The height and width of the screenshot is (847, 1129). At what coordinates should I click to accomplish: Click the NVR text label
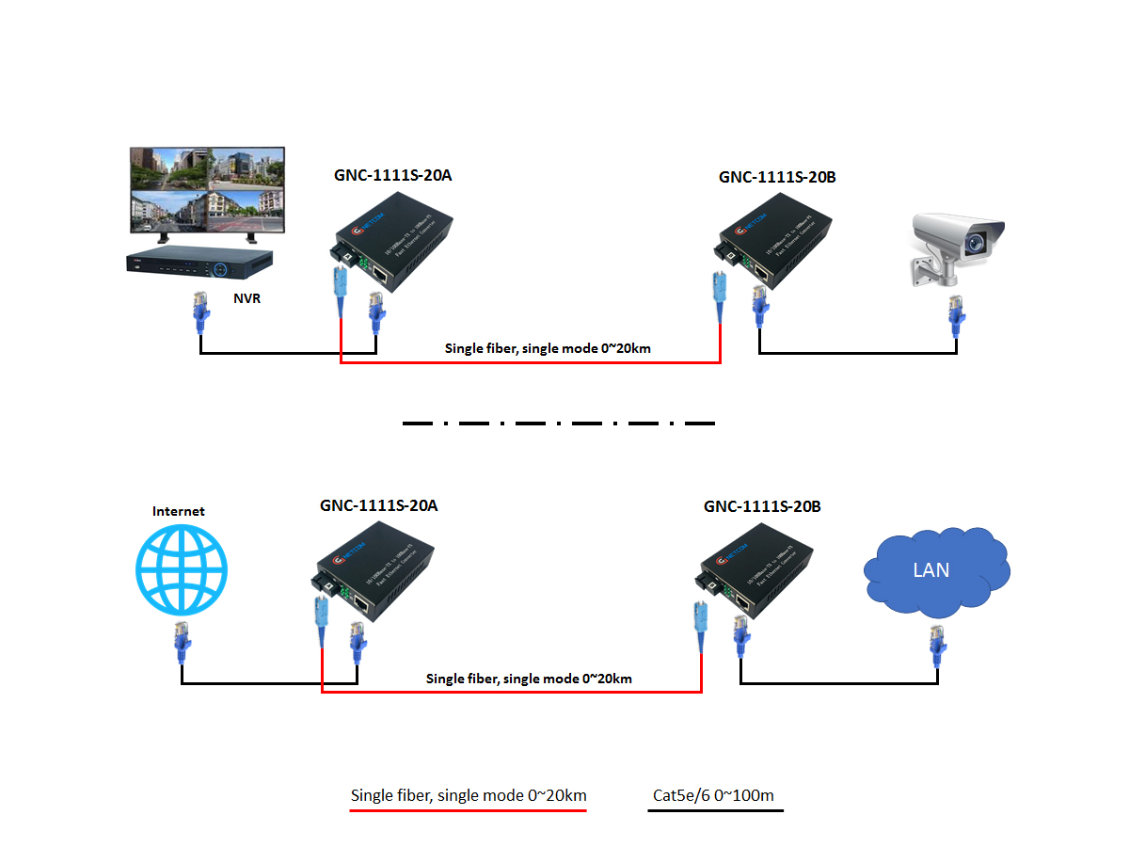tap(247, 300)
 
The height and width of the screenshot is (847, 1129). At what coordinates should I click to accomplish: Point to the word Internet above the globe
tap(179, 511)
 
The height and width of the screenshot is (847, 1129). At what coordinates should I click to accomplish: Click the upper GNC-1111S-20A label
tap(393, 174)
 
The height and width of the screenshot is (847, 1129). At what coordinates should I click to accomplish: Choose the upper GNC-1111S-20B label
tap(777, 176)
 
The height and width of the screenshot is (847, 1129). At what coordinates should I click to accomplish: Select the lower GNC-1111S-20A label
tap(378, 505)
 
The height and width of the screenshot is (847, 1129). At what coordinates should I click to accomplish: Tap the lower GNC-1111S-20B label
tap(762, 506)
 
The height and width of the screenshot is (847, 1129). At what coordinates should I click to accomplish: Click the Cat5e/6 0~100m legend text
tap(714, 796)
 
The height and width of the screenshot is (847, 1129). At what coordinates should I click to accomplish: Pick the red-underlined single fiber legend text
tap(469, 795)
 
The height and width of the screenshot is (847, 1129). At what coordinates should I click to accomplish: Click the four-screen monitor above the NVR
tap(207, 190)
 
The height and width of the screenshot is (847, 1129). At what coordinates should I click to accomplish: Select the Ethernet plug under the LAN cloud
tap(937, 647)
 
